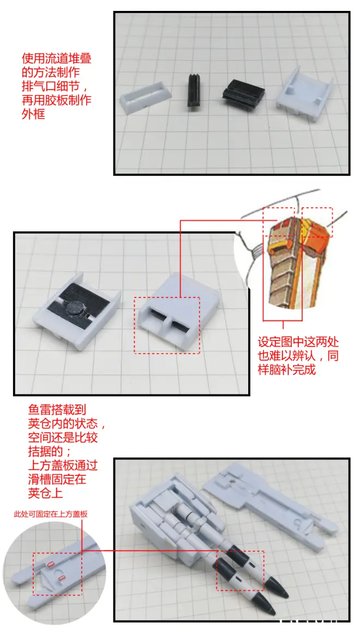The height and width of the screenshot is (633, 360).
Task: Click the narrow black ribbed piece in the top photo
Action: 195,91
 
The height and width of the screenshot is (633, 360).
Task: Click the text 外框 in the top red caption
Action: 33,114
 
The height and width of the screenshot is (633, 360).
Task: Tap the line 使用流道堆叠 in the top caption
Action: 57,59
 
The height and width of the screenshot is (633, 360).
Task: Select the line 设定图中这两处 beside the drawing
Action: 298,342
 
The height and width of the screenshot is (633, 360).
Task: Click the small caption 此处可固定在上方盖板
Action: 50,514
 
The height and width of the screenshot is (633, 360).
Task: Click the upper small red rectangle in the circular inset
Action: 51,564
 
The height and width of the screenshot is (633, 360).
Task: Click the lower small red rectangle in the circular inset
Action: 62,580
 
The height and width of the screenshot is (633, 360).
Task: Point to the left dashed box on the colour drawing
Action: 279,222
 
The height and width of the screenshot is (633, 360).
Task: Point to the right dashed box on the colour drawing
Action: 317,222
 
